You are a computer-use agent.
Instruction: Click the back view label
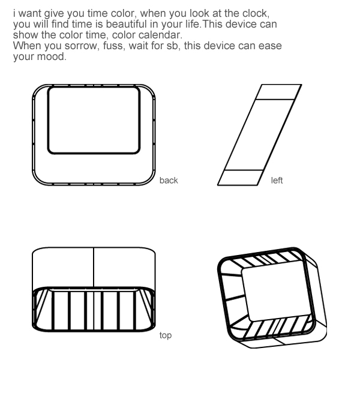pyautogui.click(x=169, y=181)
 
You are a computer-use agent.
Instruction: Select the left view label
pyautogui.click(x=277, y=181)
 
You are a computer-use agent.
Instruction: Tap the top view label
pyautogui.click(x=166, y=335)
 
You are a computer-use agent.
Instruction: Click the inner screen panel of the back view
pyautogui.click(x=94, y=120)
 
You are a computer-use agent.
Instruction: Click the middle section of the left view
pyautogui.click(x=259, y=134)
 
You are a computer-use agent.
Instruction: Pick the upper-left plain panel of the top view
pyautogui.click(x=63, y=267)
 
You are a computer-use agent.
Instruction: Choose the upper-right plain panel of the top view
pyautogui.click(x=124, y=267)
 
